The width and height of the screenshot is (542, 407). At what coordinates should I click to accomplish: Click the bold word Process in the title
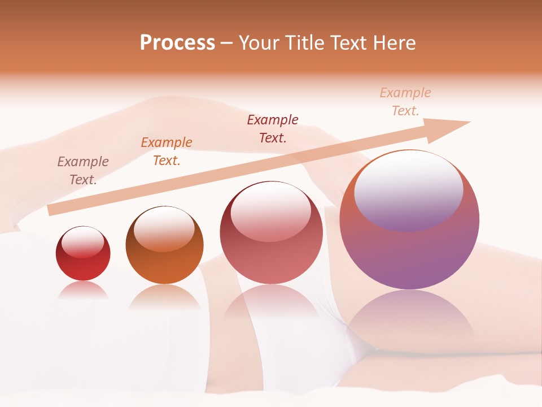(x=177, y=43)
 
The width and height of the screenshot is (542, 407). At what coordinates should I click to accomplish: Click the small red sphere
(x=83, y=253)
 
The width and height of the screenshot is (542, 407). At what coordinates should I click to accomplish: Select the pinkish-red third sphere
(x=272, y=232)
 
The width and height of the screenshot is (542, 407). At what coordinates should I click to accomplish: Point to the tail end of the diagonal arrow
(x=50, y=210)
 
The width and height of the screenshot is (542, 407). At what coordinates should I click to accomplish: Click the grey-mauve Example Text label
(x=83, y=171)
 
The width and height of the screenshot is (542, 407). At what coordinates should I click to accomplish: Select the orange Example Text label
(x=167, y=151)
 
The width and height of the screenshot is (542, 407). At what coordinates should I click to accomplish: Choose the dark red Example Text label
(x=273, y=128)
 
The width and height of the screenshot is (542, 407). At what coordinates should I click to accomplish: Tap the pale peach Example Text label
(x=405, y=102)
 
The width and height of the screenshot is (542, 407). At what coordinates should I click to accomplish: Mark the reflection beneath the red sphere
(x=83, y=291)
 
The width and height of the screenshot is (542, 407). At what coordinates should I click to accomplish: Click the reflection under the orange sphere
(x=164, y=297)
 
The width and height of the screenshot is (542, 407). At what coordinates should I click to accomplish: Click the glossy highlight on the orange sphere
(x=164, y=229)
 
